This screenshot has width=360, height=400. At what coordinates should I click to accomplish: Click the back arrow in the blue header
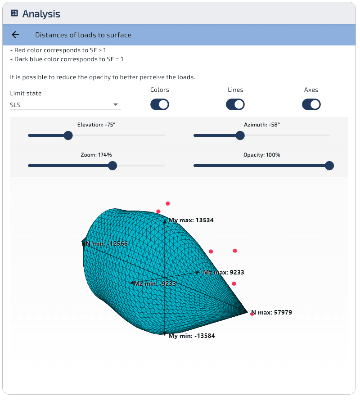click(15, 35)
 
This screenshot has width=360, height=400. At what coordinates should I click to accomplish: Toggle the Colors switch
click(160, 104)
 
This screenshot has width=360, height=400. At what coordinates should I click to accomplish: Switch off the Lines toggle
click(235, 104)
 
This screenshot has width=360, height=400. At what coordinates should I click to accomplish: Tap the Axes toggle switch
click(311, 104)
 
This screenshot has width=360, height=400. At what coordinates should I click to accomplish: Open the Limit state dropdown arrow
click(116, 104)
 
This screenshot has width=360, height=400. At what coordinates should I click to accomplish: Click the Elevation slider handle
click(68, 135)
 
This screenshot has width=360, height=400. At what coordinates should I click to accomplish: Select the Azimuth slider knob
click(240, 135)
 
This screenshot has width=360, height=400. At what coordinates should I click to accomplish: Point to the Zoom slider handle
click(112, 166)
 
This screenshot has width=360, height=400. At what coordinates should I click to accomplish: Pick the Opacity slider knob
click(329, 166)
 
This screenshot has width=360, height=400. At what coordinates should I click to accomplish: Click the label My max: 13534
click(191, 220)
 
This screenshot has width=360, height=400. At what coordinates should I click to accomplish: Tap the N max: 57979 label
click(271, 313)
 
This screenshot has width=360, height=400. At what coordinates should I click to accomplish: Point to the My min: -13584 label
click(192, 336)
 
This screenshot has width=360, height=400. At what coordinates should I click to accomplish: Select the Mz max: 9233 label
click(224, 273)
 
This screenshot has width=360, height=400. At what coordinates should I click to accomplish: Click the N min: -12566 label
click(106, 243)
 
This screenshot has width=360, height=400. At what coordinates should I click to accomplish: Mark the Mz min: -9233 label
click(155, 283)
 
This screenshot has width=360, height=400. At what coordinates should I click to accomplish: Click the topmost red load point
click(168, 203)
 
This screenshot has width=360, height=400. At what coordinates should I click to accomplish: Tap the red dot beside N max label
click(252, 314)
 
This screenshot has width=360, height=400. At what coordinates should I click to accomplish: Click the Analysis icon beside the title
click(14, 13)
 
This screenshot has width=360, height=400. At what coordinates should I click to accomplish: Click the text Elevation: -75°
click(96, 125)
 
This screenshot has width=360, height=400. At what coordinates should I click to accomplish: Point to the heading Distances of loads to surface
click(83, 35)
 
